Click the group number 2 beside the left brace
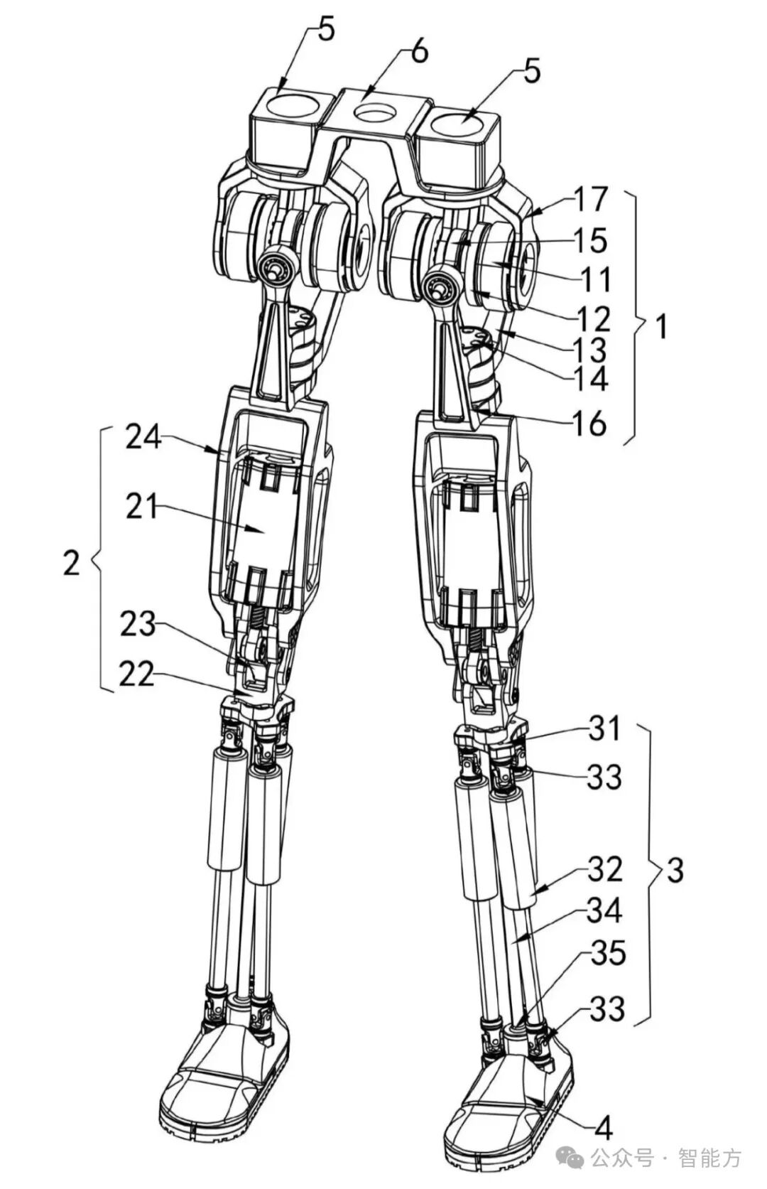click(71, 564)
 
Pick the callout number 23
click(137, 625)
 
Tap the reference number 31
click(604, 729)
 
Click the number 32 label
click(604, 869)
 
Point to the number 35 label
click(607, 953)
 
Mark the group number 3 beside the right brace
click(675, 870)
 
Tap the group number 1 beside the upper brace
click(661, 328)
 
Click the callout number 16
click(589, 424)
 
